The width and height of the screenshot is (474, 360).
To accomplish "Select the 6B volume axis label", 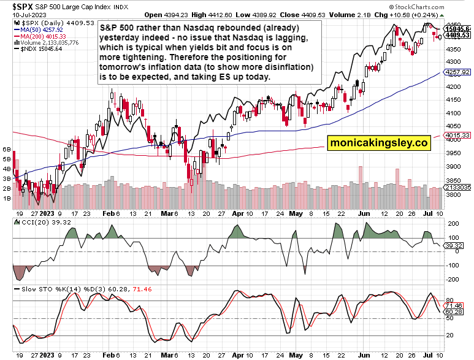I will pos(7,149).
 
